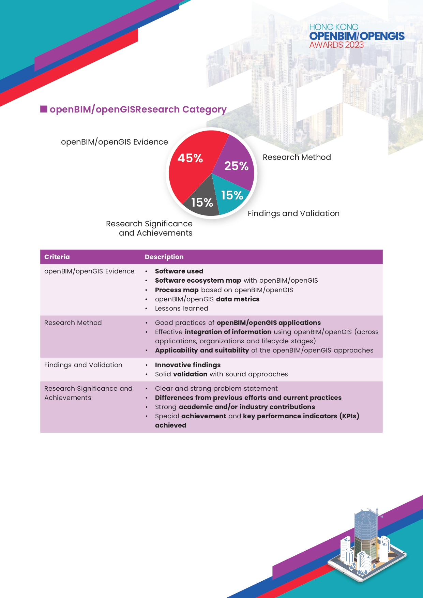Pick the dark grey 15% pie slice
tap(201, 201)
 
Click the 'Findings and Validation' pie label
tap(293, 213)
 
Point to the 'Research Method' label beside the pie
tap(297, 157)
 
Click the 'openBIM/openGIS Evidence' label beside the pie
tap(114, 142)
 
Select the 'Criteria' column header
tap(57, 257)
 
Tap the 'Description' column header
tap(164, 257)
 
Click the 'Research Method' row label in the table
tap(73, 323)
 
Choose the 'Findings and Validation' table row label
tap(83, 365)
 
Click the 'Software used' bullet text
tap(179, 271)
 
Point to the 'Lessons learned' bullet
tap(181, 308)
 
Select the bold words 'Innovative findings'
tap(187, 365)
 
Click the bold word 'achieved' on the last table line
tap(170, 425)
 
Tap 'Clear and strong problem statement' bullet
tap(216, 388)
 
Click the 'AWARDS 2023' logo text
tap(336, 45)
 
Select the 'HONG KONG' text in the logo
tap(334, 27)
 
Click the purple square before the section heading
tap(44, 109)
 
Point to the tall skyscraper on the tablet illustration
tap(366, 532)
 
